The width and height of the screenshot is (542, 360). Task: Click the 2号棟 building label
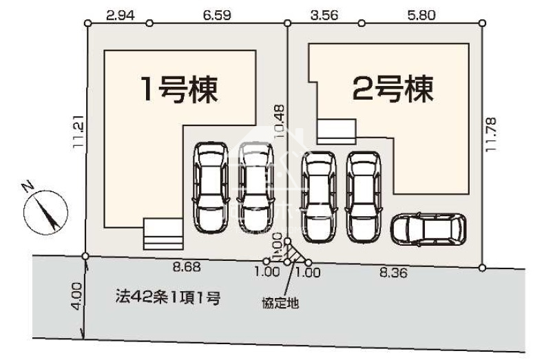[393, 89]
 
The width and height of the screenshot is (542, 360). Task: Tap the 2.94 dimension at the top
[120, 15]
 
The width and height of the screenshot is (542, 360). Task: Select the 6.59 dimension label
[217, 15]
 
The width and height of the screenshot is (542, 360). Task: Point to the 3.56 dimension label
[324, 15]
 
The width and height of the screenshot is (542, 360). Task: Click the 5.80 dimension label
[421, 15]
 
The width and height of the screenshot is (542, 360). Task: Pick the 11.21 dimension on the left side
[79, 131]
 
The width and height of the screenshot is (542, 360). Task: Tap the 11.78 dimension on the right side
[491, 134]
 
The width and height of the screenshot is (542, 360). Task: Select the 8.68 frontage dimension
[187, 266]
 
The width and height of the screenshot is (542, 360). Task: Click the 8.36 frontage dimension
[393, 273]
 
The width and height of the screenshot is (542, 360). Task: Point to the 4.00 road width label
[76, 297]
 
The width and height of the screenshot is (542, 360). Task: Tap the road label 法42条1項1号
[168, 297]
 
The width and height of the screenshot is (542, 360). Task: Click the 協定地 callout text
[280, 303]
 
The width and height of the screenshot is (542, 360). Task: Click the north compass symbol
[45, 212]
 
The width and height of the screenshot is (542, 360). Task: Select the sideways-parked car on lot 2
[428, 230]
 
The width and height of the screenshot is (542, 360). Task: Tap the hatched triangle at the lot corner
[295, 254]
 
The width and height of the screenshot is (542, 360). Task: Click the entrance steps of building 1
[163, 234]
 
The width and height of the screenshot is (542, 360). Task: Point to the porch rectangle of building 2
[336, 131]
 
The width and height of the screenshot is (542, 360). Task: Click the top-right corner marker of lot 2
[483, 23]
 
